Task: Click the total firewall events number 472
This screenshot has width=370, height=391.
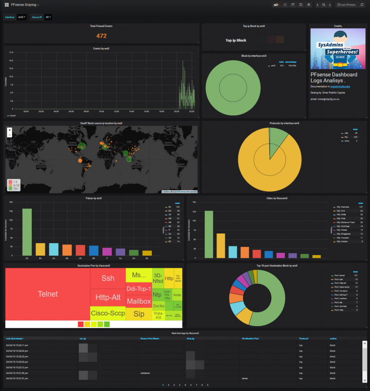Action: click(101, 36)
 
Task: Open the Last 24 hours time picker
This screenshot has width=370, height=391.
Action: click(346, 5)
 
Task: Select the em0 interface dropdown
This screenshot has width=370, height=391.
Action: click(22, 17)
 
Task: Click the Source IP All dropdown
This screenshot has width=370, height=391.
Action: click(48, 17)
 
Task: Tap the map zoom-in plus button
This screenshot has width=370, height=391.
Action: click(10, 130)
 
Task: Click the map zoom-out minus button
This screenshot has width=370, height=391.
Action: click(10, 135)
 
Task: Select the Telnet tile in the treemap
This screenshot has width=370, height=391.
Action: click(48, 294)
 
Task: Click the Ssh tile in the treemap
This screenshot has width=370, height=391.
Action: click(108, 278)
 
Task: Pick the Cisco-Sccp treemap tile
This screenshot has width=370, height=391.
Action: click(108, 313)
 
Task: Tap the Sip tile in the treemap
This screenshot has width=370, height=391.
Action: click(139, 314)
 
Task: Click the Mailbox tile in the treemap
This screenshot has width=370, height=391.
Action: click(139, 301)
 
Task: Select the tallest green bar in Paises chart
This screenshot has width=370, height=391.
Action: click(27, 232)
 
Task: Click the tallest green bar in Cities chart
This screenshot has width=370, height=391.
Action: click(209, 234)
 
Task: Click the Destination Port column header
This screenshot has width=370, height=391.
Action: click(250, 338)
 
